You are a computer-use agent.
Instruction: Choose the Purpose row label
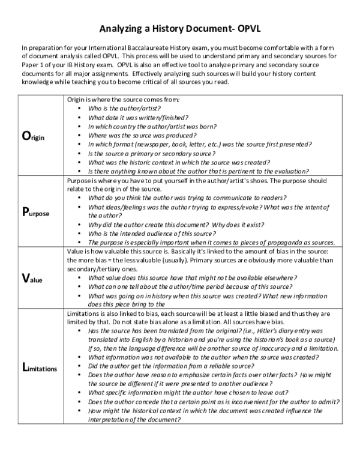pos(36,212)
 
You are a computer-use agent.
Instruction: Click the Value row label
pos(34,279)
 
